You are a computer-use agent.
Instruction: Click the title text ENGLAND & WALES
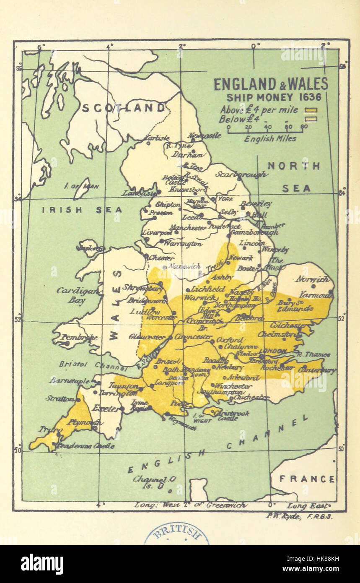(x=271, y=84)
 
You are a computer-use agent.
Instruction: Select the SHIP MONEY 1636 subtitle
(x=274, y=97)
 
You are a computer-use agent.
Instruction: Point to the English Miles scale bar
(x=265, y=130)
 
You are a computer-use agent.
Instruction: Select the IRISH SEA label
(x=82, y=210)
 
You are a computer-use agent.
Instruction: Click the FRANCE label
(x=307, y=479)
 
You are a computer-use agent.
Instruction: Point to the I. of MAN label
(x=82, y=185)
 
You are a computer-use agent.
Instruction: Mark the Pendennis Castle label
(x=85, y=446)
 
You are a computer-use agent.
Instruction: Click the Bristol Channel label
(x=93, y=366)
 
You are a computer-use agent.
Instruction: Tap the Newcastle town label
(x=204, y=135)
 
